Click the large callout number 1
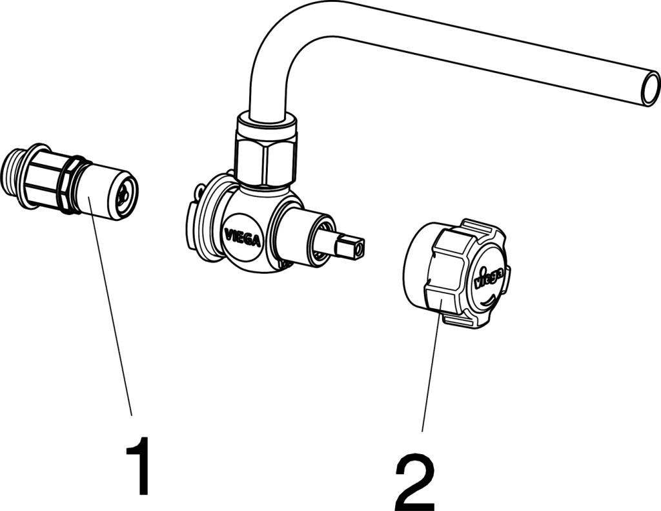tap(138, 466)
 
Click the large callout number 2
tap(415, 482)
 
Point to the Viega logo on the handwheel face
tap(489, 276)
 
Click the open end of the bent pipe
tap(649, 89)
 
